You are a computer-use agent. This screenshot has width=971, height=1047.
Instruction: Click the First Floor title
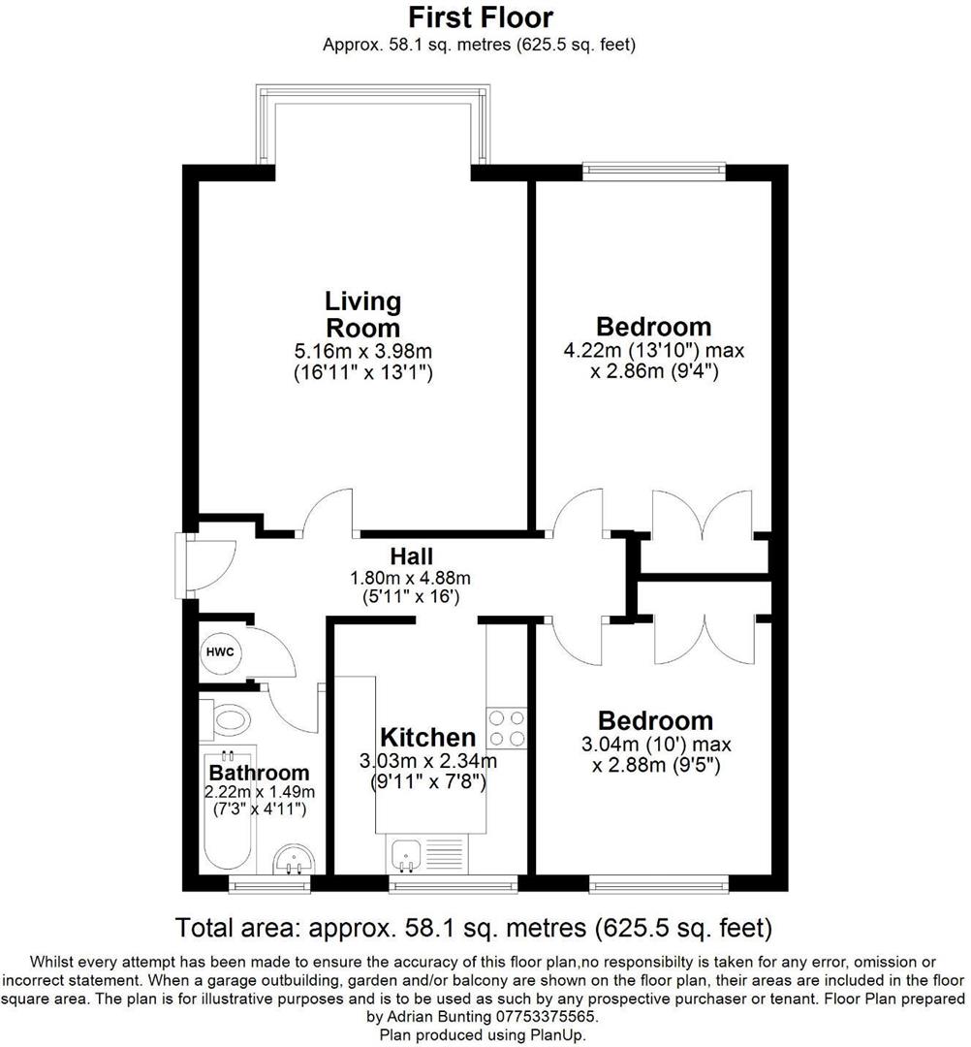(x=480, y=17)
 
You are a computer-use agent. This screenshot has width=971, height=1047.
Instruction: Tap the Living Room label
(x=362, y=313)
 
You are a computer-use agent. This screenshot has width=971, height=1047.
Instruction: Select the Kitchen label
(x=427, y=738)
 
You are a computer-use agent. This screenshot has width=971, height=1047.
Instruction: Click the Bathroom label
(x=259, y=773)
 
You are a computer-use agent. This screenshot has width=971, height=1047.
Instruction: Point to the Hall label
(x=411, y=556)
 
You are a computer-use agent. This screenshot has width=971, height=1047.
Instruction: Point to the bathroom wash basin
(x=293, y=859)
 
